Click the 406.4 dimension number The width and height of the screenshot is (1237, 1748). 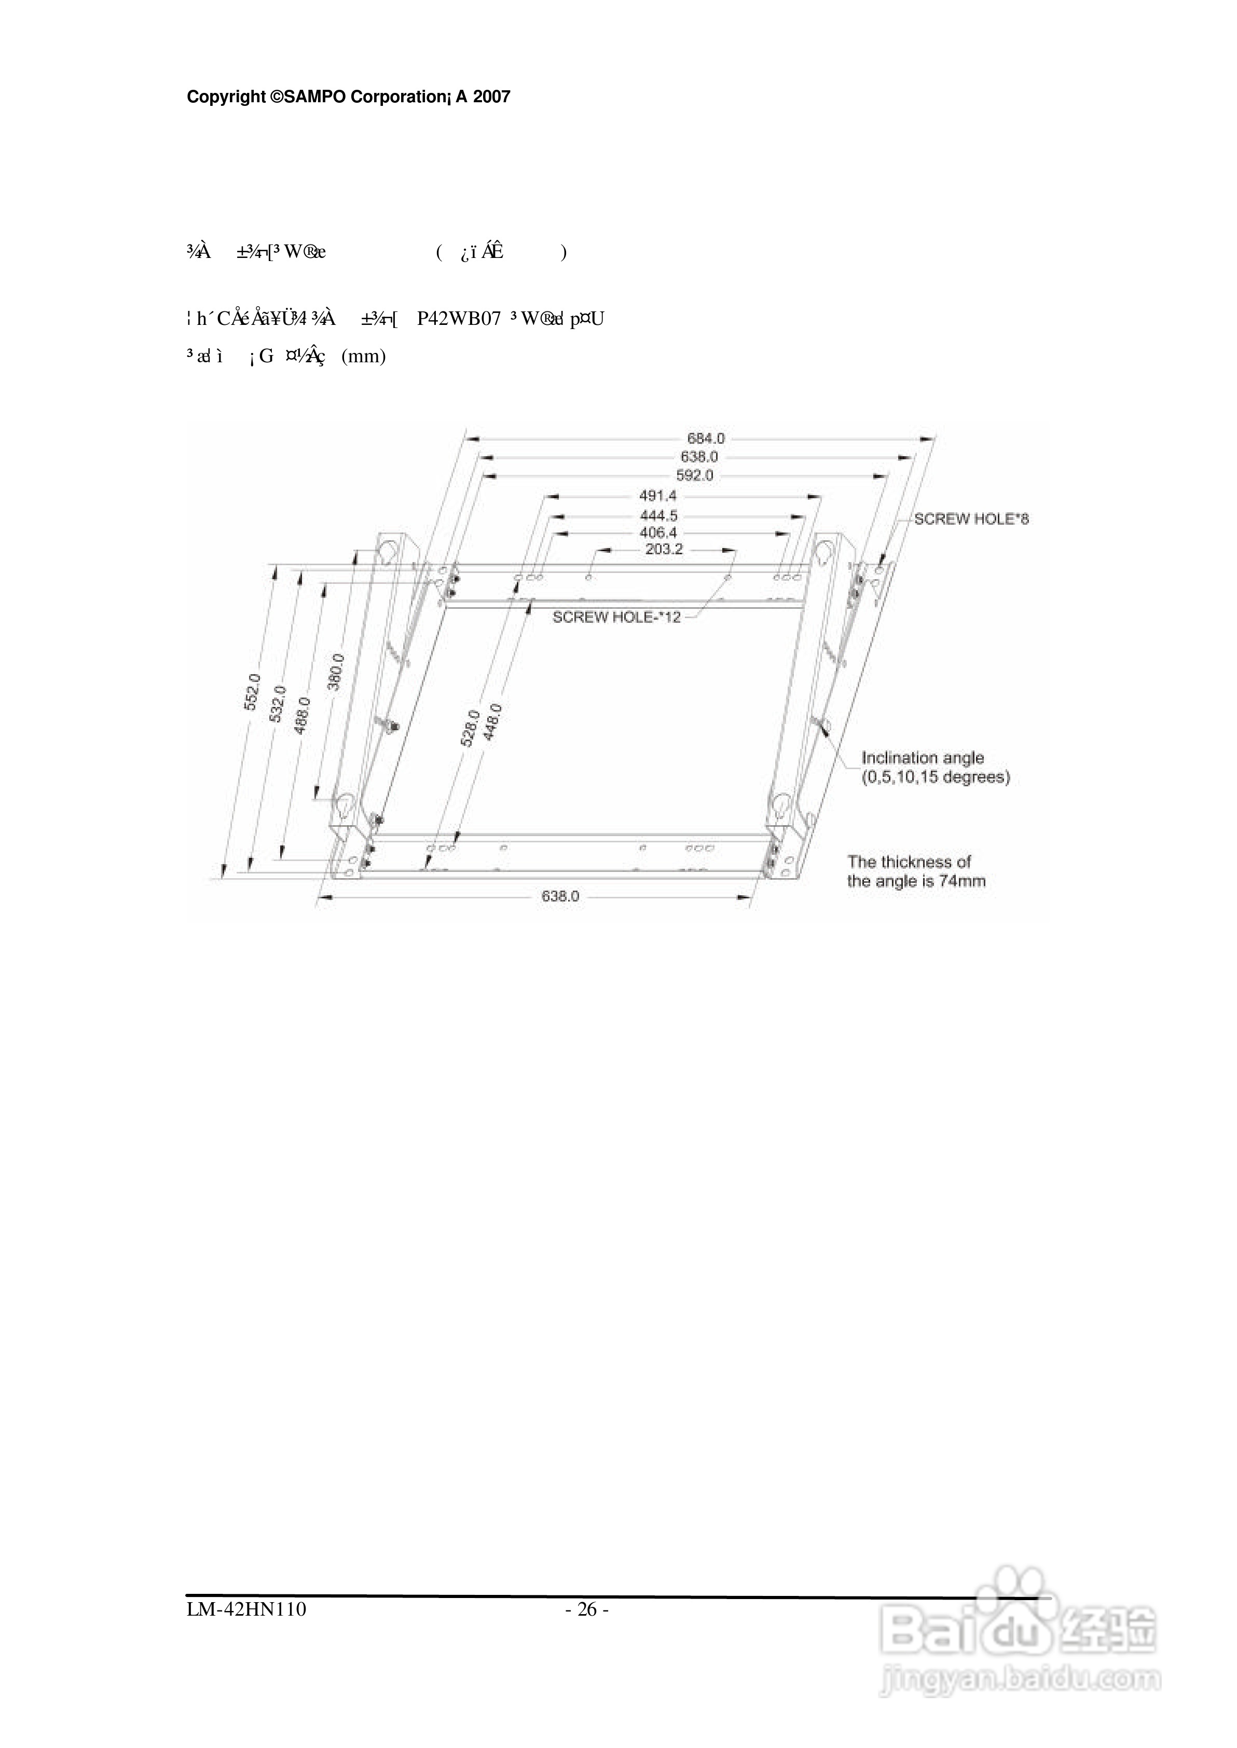coord(657,532)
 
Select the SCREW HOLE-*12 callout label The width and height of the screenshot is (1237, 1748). coord(616,617)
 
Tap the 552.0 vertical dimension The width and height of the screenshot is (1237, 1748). coord(252,692)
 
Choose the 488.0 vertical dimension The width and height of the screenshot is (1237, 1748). coord(303,715)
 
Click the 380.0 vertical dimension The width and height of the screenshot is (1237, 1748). coord(336,672)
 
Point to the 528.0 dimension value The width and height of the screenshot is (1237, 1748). coord(470,727)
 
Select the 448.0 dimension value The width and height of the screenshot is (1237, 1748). coord(493,723)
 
